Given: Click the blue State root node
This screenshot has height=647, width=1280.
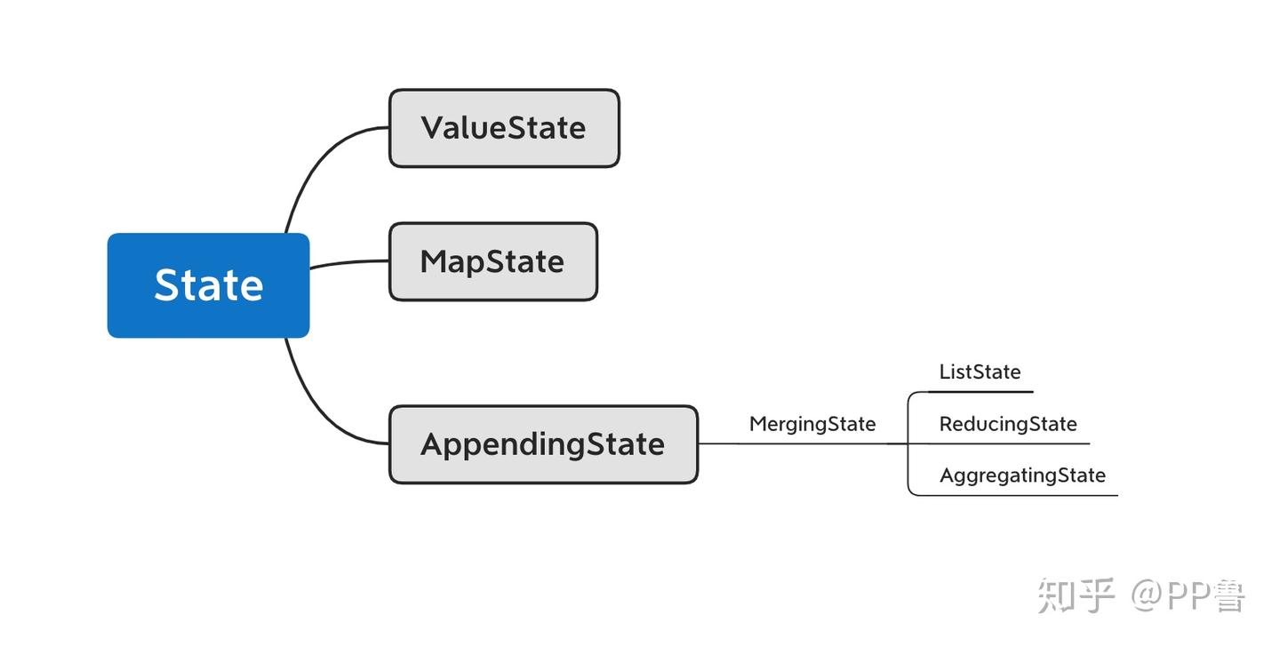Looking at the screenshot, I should (208, 285).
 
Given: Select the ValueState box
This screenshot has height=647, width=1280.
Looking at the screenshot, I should (503, 128).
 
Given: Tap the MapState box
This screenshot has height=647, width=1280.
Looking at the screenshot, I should (492, 261).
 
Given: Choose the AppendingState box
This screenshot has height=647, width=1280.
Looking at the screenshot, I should (542, 444).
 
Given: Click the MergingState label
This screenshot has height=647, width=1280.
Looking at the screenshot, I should (812, 424).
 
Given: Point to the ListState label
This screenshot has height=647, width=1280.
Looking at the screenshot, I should (980, 371).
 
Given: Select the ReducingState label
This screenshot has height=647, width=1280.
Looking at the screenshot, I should (1007, 424).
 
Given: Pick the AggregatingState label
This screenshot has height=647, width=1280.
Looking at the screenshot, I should (1022, 475).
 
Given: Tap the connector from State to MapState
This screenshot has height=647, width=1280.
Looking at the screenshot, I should (348, 263).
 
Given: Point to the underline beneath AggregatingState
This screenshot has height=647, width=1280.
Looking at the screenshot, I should (1022, 495).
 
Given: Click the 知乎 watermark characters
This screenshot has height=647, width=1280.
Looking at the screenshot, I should (1076, 595).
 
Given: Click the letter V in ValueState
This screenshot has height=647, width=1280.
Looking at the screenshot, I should (432, 128).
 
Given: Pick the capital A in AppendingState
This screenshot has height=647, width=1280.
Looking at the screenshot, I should (433, 444).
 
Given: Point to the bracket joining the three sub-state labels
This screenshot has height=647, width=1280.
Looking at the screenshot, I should (908, 443).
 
